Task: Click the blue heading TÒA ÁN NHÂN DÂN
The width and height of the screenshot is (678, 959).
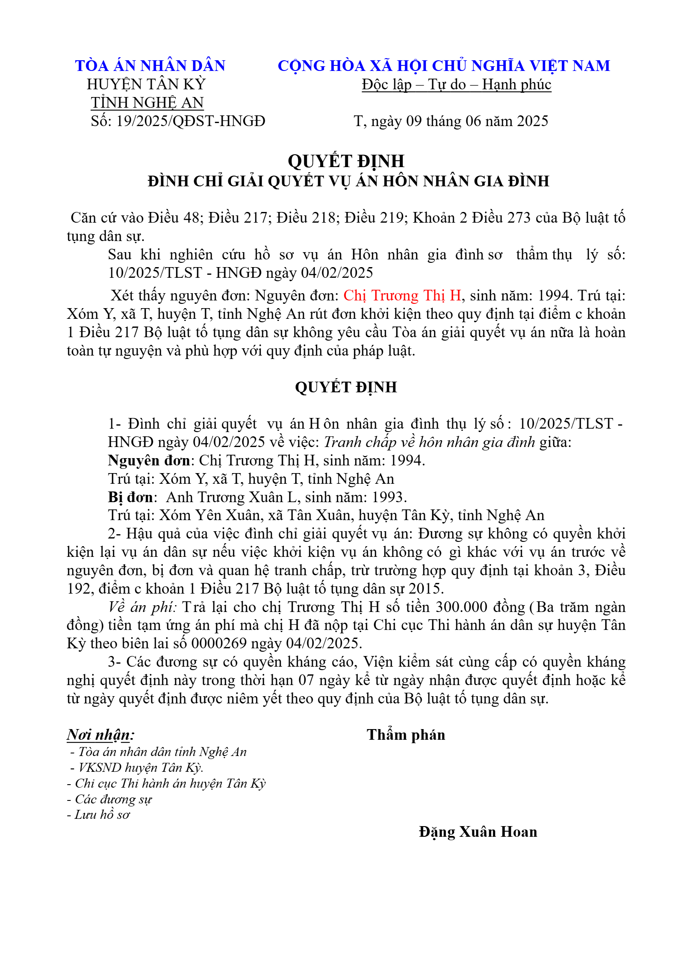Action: coord(150,66)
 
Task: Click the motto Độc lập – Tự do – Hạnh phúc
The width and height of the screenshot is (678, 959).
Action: coord(456,85)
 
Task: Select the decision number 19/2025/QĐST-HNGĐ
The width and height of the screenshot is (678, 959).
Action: coord(191,121)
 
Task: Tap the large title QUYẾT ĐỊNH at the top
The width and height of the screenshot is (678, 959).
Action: coord(346,161)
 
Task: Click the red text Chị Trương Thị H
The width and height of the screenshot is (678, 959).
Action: coord(402,296)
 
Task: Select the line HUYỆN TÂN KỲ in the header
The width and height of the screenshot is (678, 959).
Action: coord(146,85)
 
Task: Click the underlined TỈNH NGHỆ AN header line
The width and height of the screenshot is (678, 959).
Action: coord(147,103)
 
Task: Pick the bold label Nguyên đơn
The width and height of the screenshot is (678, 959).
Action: coord(149,461)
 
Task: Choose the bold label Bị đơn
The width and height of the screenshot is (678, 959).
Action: coord(130,497)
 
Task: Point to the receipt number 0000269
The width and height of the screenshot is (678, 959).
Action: coord(219,644)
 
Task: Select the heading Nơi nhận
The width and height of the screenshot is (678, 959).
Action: coord(100,735)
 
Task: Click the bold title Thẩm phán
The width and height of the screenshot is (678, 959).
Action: coord(406,735)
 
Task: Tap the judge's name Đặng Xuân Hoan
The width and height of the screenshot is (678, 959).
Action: coord(478,832)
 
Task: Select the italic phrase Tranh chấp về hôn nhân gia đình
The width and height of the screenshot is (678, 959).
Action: coord(429,442)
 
